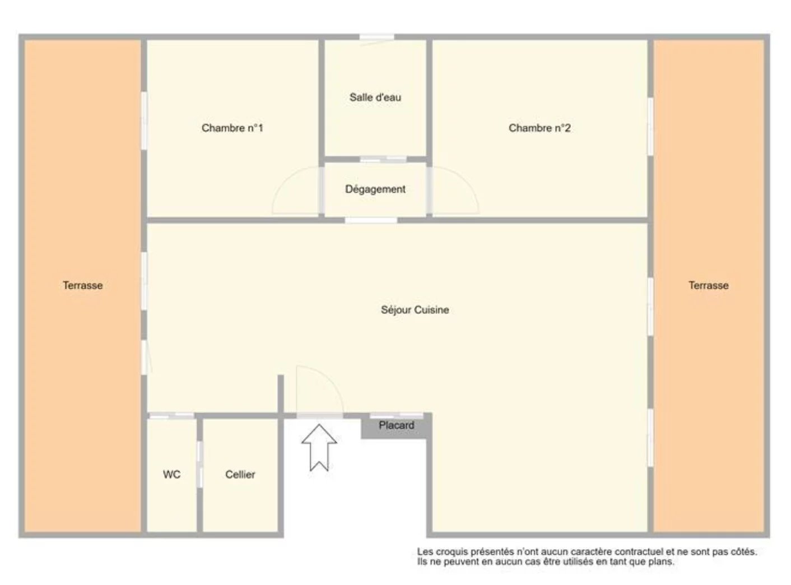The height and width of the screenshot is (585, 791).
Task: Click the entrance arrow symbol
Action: (319, 447)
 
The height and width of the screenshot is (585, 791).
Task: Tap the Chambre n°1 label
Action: (232, 128)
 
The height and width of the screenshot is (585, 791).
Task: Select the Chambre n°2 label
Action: (539, 128)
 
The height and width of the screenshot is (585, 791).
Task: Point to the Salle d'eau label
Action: (375, 97)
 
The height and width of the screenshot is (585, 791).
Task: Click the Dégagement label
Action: (375, 189)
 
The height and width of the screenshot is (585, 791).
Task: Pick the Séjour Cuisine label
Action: (415, 310)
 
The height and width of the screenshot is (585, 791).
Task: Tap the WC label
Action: (171, 474)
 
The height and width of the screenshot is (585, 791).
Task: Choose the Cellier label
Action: (240, 474)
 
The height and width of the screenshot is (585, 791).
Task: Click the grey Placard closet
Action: (396, 426)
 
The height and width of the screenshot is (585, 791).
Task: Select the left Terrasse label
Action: (83, 285)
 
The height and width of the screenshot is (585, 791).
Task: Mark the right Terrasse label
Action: (708, 285)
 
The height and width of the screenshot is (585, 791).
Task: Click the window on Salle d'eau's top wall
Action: (376, 37)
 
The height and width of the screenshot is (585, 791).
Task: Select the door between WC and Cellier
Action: (200, 464)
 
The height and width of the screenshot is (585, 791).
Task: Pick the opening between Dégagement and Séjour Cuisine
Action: (371, 220)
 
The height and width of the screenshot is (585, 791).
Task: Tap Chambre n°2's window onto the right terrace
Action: (650, 126)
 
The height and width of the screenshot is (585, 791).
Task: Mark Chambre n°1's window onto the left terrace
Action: (144, 120)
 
